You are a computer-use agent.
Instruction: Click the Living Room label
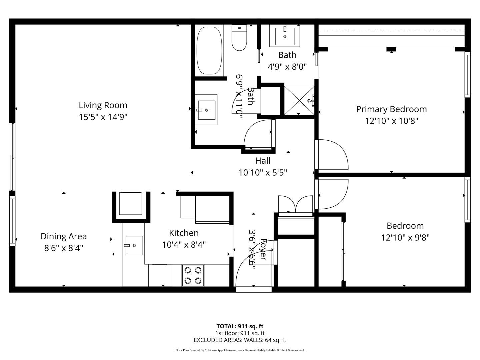click(103, 105)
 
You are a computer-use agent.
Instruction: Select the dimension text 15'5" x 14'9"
click(103, 117)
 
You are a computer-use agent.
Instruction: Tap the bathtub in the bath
click(209, 50)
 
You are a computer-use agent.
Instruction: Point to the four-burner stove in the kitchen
click(193, 275)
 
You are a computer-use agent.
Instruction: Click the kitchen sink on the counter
click(134, 245)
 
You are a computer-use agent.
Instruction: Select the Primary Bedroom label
click(391, 109)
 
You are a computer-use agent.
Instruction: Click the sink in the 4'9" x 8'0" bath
click(285, 36)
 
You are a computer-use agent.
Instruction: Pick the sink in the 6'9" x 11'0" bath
click(206, 110)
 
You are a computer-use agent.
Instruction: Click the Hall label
click(263, 161)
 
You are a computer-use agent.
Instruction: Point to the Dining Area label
click(64, 236)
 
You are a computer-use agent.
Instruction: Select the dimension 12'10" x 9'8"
click(405, 238)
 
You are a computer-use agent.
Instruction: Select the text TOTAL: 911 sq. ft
click(240, 326)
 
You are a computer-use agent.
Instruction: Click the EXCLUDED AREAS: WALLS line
click(240, 340)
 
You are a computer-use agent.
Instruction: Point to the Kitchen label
click(184, 233)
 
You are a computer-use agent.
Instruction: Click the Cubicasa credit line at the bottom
click(240, 350)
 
